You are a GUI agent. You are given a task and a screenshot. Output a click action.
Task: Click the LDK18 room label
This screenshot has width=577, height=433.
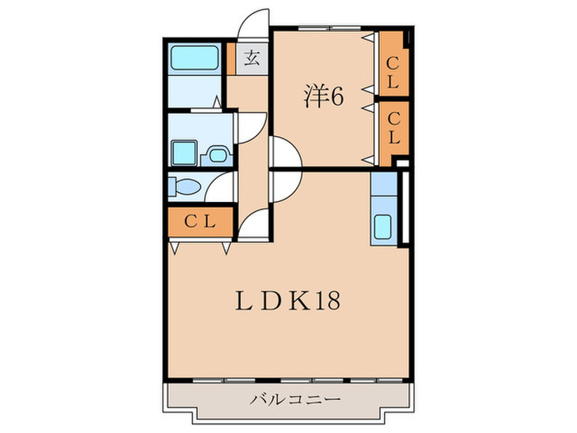pos(288,301)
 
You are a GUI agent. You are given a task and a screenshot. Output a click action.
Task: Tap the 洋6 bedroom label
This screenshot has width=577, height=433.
pos(323,96)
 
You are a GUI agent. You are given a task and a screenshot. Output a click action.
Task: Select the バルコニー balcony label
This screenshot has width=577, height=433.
pos(295,399)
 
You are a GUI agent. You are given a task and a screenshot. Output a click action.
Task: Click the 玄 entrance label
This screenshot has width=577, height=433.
pos(252,58)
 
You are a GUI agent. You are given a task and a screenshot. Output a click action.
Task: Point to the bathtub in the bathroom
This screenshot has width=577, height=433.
pos(195,58)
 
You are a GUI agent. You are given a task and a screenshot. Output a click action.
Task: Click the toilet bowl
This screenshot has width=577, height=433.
pos(185,186)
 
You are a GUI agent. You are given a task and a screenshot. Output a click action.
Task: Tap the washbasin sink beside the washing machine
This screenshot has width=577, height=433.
pos(218,155)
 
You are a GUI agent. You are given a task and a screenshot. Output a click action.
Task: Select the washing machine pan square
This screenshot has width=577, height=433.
pos(185,153)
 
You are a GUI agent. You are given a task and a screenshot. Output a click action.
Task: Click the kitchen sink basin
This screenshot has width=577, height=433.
pos(382,227)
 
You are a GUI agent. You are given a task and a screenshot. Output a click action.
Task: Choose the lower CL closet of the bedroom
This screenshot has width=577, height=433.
pos(393,133)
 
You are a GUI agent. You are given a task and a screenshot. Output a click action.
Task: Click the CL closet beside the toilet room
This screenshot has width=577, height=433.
pos(200,221)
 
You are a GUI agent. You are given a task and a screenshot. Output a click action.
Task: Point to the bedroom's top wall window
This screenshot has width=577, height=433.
pos(330,28)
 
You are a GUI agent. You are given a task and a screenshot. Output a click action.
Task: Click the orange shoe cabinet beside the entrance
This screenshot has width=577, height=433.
pos(231,59)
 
